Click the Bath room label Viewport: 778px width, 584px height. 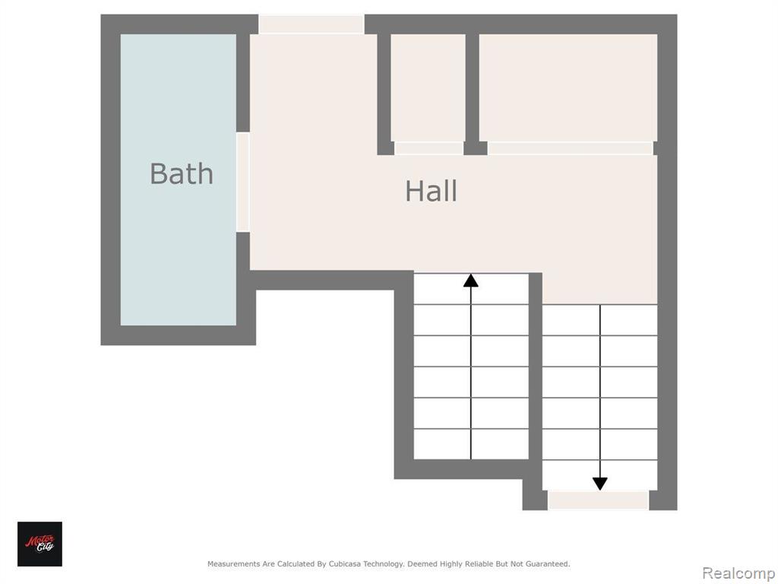tap(182, 174)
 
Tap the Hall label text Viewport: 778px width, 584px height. tap(431, 191)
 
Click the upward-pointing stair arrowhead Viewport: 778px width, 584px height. tap(471, 281)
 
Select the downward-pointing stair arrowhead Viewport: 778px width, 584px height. tap(600, 484)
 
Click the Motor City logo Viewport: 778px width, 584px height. tap(40, 544)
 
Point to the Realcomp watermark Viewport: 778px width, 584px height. tap(738, 573)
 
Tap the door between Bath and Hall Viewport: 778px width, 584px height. tap(242, 182)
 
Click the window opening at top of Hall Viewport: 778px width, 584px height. tap(312, 24)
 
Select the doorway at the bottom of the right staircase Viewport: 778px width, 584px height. tap(599, 500)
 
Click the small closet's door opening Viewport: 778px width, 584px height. tap(429, 148)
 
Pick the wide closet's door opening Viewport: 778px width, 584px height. tap(570, 148)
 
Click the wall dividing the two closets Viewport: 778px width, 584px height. tap(473, 90)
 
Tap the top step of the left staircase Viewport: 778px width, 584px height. tap(471, 288)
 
